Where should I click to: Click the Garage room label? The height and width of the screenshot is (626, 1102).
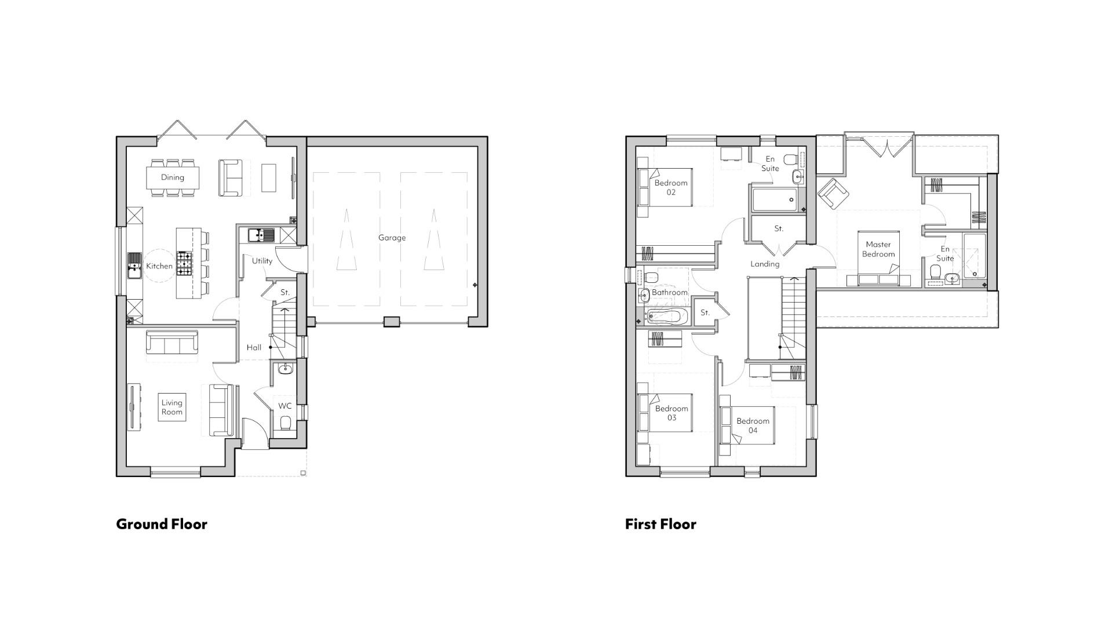(392, 238)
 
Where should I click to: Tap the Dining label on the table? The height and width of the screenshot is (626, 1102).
(172, 177)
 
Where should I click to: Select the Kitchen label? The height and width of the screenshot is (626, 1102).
(159, 266)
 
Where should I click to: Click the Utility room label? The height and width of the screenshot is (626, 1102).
(262, 261)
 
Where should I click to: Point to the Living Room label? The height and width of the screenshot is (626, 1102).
(171, 407)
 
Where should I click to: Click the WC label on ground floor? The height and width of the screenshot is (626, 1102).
(284, 406)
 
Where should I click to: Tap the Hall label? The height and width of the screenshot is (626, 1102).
(254, 348)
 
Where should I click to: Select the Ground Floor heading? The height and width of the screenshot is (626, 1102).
(162, 524)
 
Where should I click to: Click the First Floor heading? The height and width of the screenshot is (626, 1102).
(661, 524)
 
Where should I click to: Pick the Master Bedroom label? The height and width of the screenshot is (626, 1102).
(878, 249)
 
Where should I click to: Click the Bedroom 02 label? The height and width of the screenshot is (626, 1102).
(670, 187)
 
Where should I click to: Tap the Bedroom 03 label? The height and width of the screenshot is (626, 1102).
(672, 413)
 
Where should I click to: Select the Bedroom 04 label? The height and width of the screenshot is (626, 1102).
(753, 425)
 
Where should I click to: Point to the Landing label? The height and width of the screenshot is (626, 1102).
(765, 264)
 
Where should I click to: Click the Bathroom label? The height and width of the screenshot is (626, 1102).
(669, 293)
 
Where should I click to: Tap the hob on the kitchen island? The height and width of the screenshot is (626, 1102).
(184, 264)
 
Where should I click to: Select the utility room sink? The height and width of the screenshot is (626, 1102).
(262, 235)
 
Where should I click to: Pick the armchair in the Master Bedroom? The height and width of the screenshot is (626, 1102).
(833, 193)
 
